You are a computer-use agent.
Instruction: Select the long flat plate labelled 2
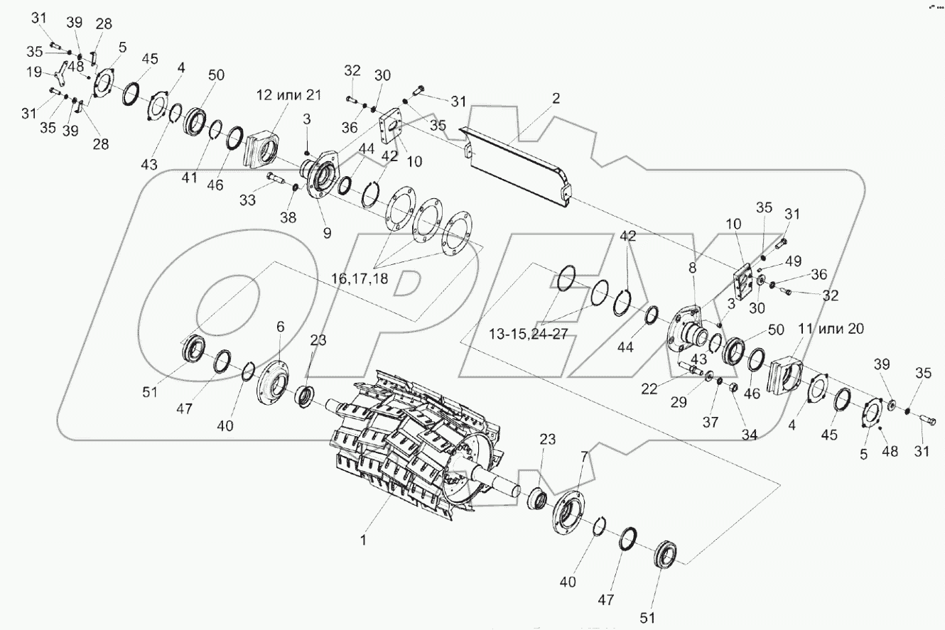coord(515,163)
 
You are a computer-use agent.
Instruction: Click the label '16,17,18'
coord(359,279)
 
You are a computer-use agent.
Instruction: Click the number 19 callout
coord(33,72)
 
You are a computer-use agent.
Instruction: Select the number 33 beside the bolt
coord(247,200)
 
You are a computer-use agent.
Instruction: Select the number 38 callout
coord(288,218)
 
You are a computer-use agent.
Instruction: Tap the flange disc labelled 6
coord(272,376)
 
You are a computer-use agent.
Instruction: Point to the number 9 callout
coord(327,232)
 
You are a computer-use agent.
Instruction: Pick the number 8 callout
coord(692,268)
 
